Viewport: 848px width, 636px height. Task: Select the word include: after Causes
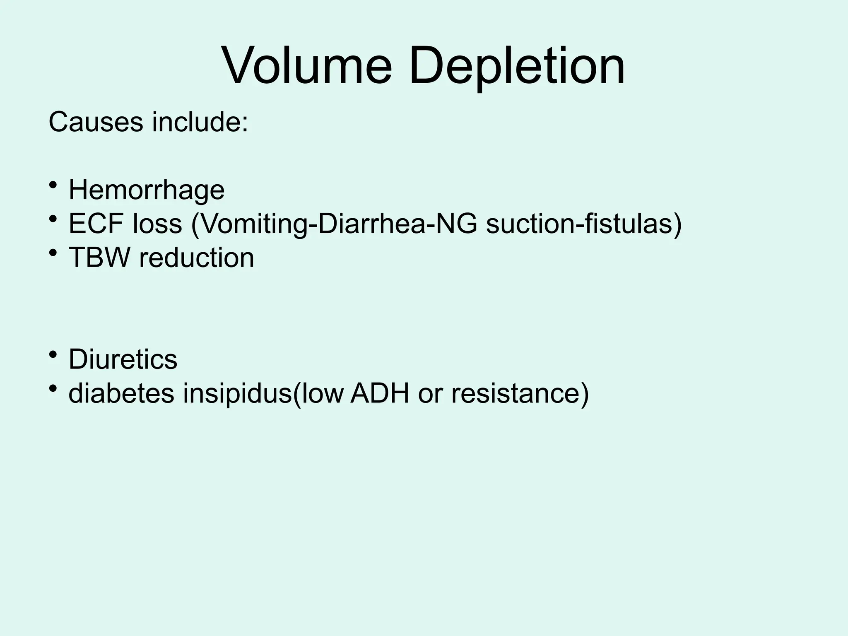click(x=200, y=122)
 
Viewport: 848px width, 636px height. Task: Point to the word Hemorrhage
click(x=147, y=190)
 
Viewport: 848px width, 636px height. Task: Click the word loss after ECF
click(x=158, y=224)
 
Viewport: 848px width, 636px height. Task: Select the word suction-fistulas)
click(x=583, y=224)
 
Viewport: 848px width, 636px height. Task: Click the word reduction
click(x=197, y=258)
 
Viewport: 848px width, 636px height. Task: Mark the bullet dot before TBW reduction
click(x=53, y=252)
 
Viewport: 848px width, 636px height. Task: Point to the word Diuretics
click(x=123, y=359)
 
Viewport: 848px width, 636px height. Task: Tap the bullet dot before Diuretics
click(x=53, y=354)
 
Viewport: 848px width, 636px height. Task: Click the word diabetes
click(x=122, y=393)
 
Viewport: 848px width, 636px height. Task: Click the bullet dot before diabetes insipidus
click(x=53, y=388)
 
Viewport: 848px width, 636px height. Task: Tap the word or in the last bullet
click(x=430, y=393)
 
